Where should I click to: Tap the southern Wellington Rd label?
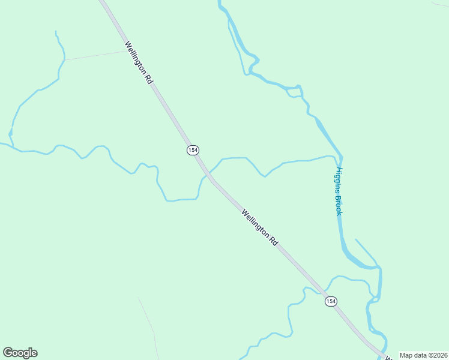[x=261, y=227]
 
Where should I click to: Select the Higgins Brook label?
[x=339, y=191]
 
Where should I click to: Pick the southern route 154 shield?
[x=331, y=301]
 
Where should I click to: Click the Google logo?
[x=20, y=353]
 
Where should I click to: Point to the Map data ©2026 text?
[x=423, y=355]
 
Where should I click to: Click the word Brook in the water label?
[x=339, y=205]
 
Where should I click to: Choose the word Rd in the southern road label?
[x=274, y=240]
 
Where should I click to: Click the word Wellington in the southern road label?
[x=256, y=222]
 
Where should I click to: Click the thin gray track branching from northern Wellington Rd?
[x=96, y=55]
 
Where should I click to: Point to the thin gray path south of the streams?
[x=148, y=318]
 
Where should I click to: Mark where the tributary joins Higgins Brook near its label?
[x=337, y=158]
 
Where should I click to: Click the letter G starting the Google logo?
[x=8, y=353]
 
